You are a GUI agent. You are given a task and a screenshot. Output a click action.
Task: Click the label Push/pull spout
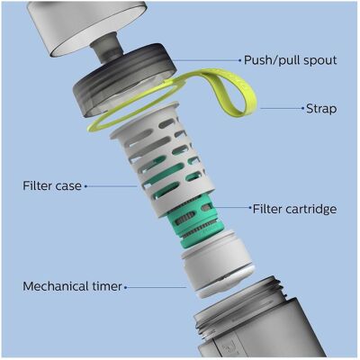coord(290,60)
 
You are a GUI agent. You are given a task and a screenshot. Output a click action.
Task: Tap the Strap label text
coord(321,108)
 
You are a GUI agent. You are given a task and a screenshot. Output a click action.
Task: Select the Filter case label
coord(52,185)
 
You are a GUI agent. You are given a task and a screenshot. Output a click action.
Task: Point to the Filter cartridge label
coord(294,209)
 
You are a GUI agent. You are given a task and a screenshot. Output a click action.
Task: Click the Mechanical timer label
coord(72,286)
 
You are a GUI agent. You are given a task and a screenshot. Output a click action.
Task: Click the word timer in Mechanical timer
coord(105,286)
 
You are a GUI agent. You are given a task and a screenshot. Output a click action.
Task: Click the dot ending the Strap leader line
coord(302,108)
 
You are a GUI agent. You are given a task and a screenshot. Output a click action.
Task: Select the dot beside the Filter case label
coord(85,186)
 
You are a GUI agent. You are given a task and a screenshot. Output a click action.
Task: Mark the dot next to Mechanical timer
coord(126,287)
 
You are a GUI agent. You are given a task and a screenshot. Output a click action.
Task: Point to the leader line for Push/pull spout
coord(206,60)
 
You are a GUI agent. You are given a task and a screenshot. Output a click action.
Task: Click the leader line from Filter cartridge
coord(231,207)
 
